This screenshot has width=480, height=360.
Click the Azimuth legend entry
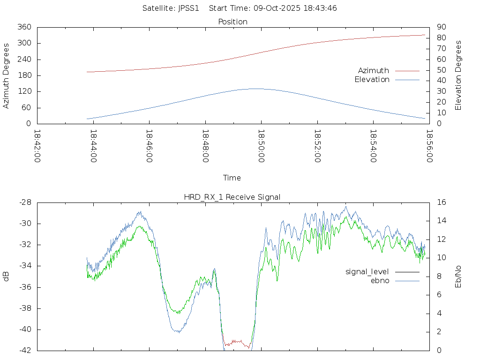[x=374, y=71]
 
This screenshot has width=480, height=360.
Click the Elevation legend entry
[x=372, y=80]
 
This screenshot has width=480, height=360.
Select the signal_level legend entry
[x=367, y=272]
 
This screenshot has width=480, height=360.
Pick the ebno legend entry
[x=380, y=281]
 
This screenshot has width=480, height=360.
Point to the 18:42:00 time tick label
[x=37, y=146]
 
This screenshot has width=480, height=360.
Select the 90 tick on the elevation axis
[x=440, y=27]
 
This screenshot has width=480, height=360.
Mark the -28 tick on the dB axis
[x=24, y=202]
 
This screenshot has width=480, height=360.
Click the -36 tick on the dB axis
[x=24, y=287]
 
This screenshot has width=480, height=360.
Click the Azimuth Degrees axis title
[x=7, y=75]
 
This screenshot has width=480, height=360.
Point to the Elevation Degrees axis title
[x=458, y=75]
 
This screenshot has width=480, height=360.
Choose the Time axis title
[x=232, y=178]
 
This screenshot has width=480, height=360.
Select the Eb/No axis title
[x=458, y=276]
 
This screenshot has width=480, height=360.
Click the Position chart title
[x=233, y=22]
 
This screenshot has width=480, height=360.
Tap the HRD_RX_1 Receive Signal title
[x=232, y=197]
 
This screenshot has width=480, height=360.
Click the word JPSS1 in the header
[x=189, y=8]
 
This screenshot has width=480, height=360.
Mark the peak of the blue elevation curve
[x=256, y=89]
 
